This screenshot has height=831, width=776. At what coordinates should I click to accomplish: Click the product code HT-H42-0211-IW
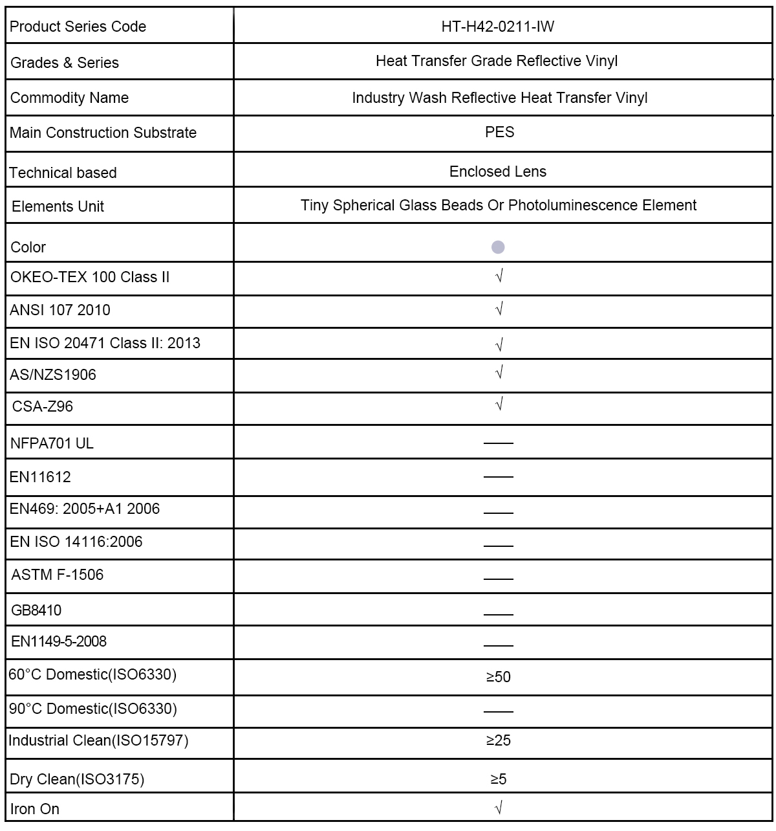pyautogui.click(x=498, y=27)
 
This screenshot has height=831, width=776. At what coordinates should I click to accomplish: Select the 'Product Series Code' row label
pyautogui.click(x=78, y=27)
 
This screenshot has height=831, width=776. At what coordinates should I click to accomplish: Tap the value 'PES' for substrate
pyautogui.click(x=499, y=132)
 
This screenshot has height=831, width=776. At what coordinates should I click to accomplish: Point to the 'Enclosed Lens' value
pyautogui.click(x=498, y=172)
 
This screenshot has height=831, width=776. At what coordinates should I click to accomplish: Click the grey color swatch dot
pyautogui.click(x=498, y=247)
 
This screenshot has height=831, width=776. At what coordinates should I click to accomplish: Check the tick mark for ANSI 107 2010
pyautogui.click(x=499, y=309)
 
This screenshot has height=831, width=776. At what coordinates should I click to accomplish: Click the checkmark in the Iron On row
pyautogui.click(x=499, y=807)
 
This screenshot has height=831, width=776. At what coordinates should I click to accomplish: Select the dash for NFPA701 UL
pyautogui.click(x=498, y=443)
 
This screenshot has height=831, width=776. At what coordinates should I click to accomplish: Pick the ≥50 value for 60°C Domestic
pyautogui.click(x=498, y=677)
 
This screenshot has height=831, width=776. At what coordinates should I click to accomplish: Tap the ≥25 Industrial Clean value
pyautogui.click(x=498, y=740)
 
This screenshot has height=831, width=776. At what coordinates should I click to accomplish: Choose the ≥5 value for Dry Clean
pyautogui.click(x=498, y=779)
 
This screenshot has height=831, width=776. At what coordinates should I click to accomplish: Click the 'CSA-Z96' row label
pyautogui.click(x=43, y=406)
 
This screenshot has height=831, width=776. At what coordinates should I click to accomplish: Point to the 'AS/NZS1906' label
pyautogui.click(x=53, y=375)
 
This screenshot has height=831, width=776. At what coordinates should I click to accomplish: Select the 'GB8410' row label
pyautogui.click(x=36, y=610)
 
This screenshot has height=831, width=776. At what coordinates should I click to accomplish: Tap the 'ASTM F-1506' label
pyautogui.click(x=58, y=575)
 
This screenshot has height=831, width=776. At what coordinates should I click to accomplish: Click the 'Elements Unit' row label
pyautogui.click(x=58, y=206)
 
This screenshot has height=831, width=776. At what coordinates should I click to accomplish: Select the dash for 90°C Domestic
pyautogui.click(x=498, y=711)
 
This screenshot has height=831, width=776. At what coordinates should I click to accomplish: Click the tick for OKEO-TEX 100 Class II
pyautogui.click(x=499, y=276)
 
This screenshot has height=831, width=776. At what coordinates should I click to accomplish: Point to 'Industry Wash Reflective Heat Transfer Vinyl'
pyautogui.click(x=499, y=98)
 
